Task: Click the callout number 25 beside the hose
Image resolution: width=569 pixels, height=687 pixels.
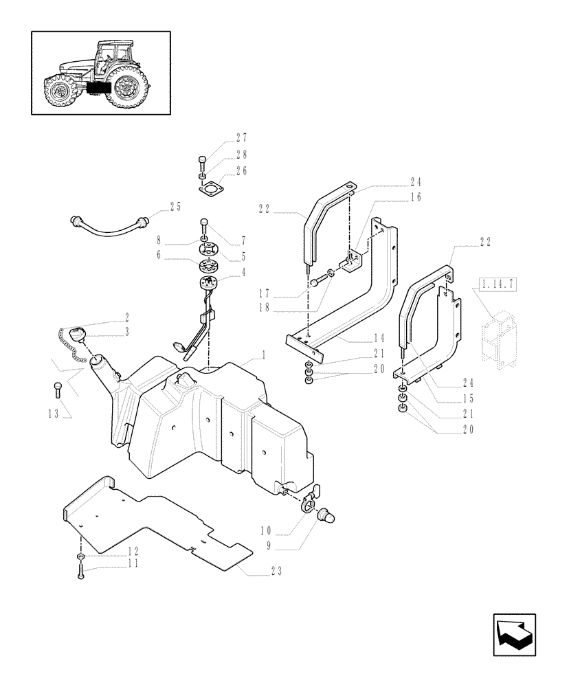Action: point(175,205)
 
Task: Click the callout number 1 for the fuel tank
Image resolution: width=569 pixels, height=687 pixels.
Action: point(263,357)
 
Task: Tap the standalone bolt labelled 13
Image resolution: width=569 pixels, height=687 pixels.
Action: point(57,390)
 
